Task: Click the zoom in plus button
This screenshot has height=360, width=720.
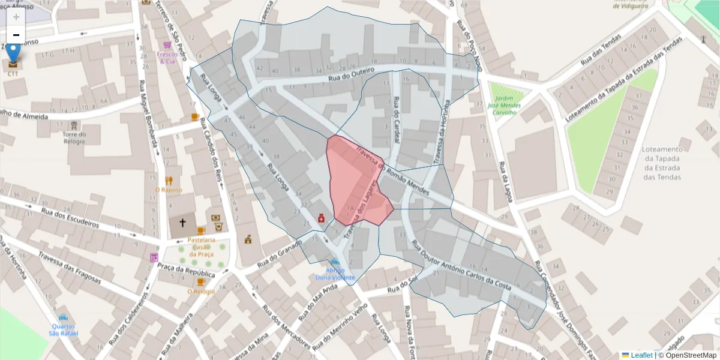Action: pos(16,17)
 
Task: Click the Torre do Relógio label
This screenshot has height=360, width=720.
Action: pos(74,138)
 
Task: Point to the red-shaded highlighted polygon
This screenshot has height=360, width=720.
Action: pos(354,180)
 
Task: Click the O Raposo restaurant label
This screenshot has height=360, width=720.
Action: pos(169,190)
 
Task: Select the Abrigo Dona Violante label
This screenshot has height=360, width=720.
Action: pos(335,274)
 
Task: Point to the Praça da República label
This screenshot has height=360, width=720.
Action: pos(186,269)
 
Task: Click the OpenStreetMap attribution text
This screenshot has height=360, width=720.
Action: pos(690,355)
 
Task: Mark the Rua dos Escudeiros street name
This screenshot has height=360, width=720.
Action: pos(70,217)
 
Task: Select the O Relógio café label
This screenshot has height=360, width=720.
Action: pos(200,292)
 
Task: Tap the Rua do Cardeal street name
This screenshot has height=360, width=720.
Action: pos(396,121)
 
